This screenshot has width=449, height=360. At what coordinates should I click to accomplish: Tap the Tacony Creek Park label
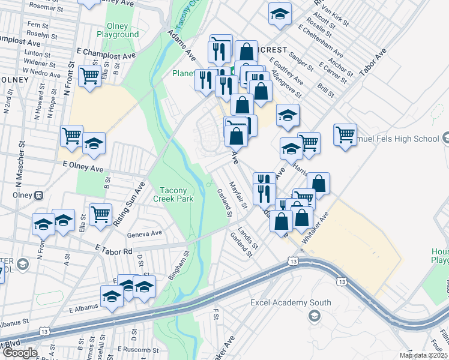(173, 194)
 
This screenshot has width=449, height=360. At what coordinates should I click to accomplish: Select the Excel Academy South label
(291, 302)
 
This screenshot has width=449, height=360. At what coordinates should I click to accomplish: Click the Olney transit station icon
(40, 195)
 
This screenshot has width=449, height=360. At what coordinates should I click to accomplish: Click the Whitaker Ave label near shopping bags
(316, 227)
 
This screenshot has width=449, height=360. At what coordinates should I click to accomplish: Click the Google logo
(20, 353)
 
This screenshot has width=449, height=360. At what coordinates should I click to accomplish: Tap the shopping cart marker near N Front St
(89, 76)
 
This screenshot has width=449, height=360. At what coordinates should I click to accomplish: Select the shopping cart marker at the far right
(345, 135)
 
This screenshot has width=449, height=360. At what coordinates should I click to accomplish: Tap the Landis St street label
(247, 238)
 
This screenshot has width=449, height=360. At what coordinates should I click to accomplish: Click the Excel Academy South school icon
(313, 316)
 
